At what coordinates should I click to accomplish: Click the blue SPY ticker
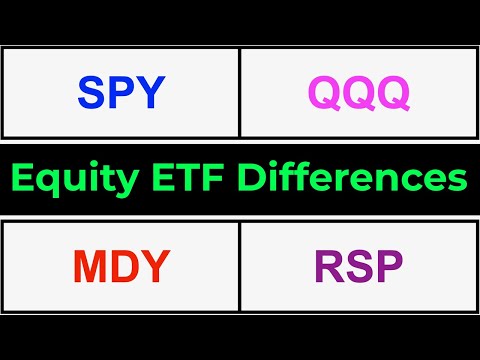[120, 93]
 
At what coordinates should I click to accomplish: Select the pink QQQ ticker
[358, 93]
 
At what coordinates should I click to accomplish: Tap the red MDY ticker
[120, 267]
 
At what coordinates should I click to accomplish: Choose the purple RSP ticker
[358, 267]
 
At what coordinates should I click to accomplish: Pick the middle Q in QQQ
[358, 94]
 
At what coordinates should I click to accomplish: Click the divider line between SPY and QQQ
[240, 93]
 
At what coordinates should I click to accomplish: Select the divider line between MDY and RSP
[240, 267]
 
